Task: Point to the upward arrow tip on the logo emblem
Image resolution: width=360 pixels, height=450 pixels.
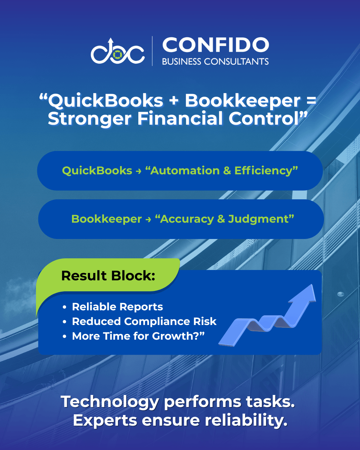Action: point(111,39)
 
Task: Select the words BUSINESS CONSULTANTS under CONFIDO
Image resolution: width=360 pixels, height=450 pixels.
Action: point(215,61)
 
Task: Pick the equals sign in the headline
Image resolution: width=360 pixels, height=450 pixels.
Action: point(312,100)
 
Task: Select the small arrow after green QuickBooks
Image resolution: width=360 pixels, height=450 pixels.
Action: point(138,171)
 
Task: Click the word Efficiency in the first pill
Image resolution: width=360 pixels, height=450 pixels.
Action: point(263,171)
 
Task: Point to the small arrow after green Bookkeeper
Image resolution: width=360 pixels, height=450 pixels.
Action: point(148,220)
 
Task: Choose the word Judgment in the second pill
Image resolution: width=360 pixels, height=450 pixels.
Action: point(258,219)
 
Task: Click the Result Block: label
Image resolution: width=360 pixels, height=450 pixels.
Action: point(108,276)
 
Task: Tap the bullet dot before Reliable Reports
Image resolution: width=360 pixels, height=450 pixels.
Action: point(64,307)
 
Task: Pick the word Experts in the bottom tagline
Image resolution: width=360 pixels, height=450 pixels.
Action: point(105,421)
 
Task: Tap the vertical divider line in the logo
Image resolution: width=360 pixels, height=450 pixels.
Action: point(152,51)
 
